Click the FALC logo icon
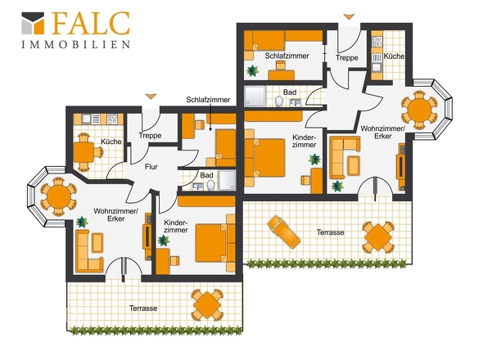click(33, 23)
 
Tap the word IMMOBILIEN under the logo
click(76, 45)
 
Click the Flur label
click(151, 167)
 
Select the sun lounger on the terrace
click(284, 232)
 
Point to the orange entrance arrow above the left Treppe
click(151, 97)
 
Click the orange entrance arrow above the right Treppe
click(349, 17)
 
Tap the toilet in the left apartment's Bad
click(210, 186)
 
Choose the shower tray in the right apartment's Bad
click(255, 97)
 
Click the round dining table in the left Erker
click(58, 196)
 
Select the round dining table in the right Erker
click(419, 110)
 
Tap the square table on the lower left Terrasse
click(207, 304)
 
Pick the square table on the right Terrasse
click(378, 237)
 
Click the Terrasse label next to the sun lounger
click(330, 232)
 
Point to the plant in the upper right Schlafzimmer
click(253, 71)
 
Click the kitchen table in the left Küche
click(84, 152)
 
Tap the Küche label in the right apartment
click(394, 56)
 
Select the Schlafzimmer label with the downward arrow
click(208, 100)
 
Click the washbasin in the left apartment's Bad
click(197, 186)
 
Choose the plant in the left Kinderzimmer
click(164, 241)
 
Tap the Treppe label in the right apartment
click(347, 58)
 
